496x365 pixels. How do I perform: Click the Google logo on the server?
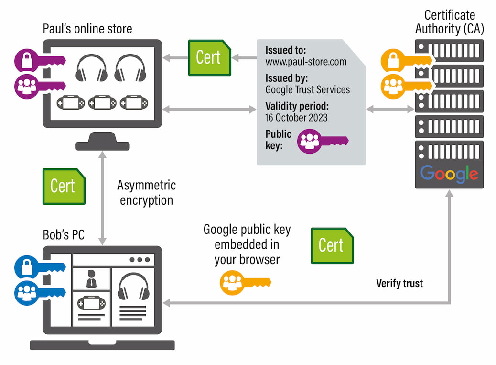(x=449, y=173)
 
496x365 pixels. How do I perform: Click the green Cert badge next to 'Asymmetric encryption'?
(x=64, y=186)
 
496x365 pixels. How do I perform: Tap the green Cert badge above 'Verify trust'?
(x=332, y=245)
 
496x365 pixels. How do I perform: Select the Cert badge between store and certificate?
(x=209, y=57)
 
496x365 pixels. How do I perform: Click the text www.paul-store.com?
(x=306, y=62)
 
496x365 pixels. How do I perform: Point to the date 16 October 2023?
(x=297, y=117)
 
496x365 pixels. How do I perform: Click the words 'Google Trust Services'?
(x=307, y=89)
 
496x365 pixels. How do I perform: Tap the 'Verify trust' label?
(x=399, y=284)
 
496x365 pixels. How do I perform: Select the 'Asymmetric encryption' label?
(x=146, y=193)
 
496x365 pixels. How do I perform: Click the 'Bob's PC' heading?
(x=64, y=235)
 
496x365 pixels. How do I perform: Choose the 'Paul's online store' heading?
(x=87, y=29)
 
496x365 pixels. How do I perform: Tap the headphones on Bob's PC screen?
(x=133, y=286)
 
